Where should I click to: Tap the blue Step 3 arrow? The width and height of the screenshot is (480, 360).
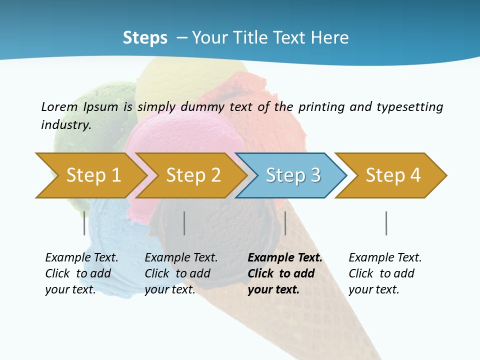click(293, 175)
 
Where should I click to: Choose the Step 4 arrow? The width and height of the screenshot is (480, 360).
click(393, 175)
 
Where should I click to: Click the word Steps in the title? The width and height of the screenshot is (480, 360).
click(145, 38)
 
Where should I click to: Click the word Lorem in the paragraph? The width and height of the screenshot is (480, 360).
click(59, 106)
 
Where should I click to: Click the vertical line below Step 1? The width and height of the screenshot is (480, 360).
click(84, 223)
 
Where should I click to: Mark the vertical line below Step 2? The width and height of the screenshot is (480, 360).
click(184, 223)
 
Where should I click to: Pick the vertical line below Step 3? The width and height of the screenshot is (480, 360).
click(285, 223)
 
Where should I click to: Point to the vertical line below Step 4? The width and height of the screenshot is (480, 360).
click(386, 223)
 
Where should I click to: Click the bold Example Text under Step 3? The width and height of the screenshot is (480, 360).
click(285, 258)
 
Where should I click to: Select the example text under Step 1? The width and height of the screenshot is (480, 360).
click(81, 273)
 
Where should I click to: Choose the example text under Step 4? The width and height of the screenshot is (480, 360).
click(385, 273)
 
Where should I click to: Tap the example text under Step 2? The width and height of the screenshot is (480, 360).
click(181, 273)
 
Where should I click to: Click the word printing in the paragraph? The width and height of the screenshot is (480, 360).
click(322, 107)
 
